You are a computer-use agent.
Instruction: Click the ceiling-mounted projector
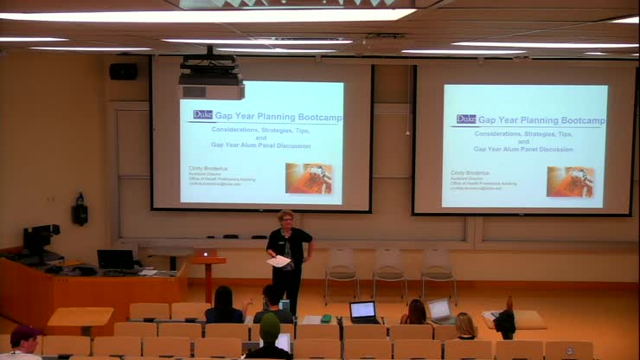coord(210,85)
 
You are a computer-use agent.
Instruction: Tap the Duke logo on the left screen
coord(202,114)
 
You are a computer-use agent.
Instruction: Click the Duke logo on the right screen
coord(466,119)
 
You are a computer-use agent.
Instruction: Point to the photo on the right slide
coord(570,181)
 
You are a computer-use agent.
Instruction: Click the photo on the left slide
coord(309,177)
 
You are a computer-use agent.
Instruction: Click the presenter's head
coord(285,218)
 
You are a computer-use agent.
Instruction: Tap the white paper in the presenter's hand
coord(278,260)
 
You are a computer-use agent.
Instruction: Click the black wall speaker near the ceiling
coord(124,71)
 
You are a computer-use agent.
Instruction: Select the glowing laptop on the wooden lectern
coord(205,254)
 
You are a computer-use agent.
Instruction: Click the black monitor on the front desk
coord(115,259)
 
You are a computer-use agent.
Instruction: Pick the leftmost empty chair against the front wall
coord(342,269)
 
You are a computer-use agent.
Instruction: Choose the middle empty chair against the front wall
coord(389,269)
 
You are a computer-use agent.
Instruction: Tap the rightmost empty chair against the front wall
coord(438,269)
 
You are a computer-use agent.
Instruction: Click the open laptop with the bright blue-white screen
coord(363,310)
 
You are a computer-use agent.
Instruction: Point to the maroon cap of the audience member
coord(25,333)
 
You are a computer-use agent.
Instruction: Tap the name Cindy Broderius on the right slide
coord(470,173)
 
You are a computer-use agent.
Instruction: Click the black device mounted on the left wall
coord(80,209)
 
